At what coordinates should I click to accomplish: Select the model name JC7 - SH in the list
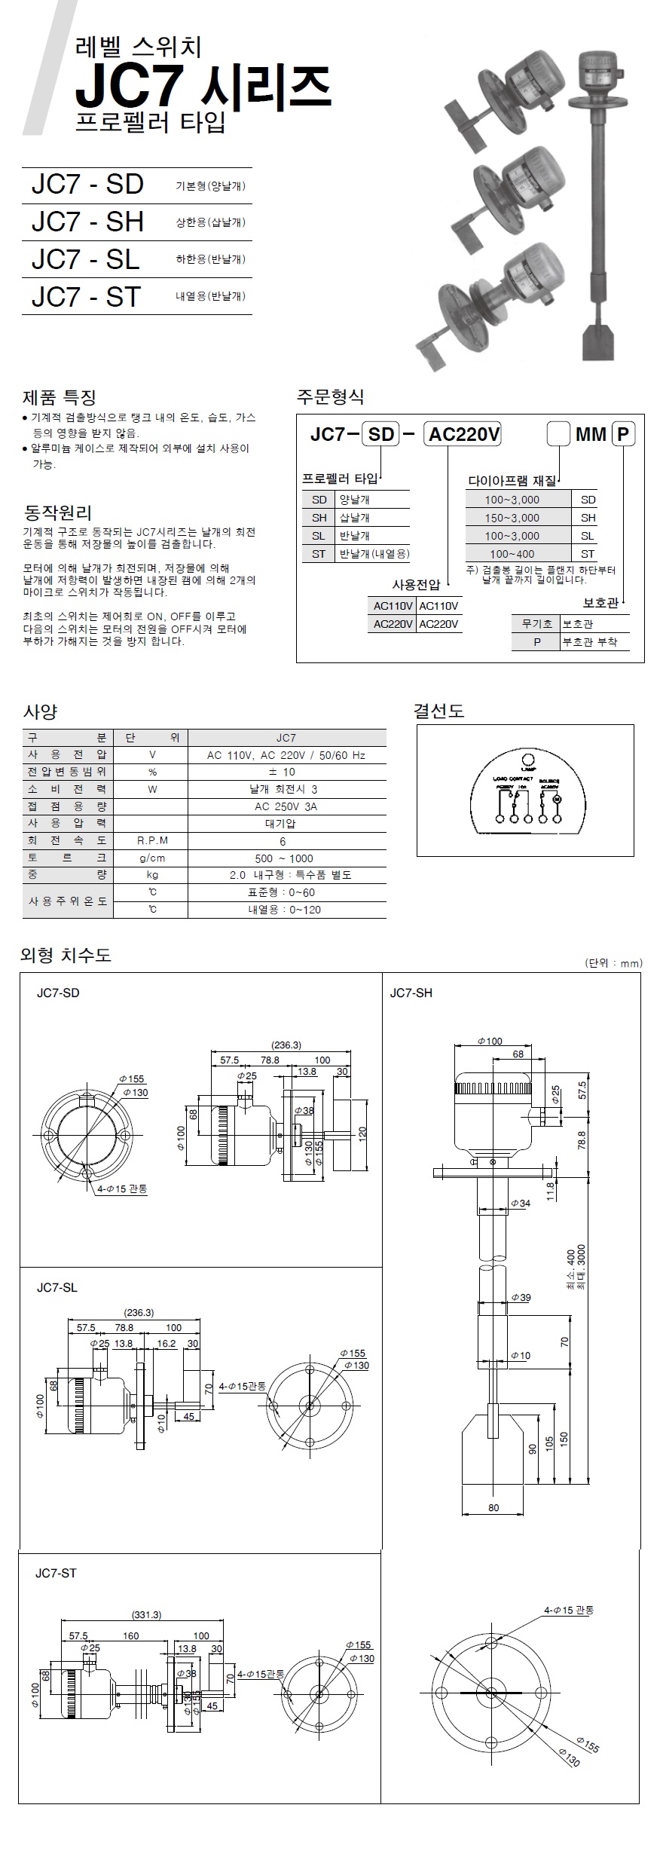[x=87, y=222]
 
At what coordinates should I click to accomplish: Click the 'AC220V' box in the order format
[x=464, y=434]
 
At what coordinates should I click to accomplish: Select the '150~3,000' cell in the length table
[x=512, y=518]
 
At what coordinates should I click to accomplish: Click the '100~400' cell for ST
[x=512, y=554]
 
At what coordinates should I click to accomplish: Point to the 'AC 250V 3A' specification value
[x=286, y=806]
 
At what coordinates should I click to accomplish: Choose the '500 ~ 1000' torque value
[x=284, y=858]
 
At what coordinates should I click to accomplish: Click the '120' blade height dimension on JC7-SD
[x=362, y=1132]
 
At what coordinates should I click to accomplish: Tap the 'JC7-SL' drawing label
[x=57, y=1287]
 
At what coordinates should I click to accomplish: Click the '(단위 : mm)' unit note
[x=613, y=963]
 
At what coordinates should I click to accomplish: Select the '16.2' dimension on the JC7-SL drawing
[x=167, y=1344]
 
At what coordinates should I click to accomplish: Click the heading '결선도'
[x=438, y=711]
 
